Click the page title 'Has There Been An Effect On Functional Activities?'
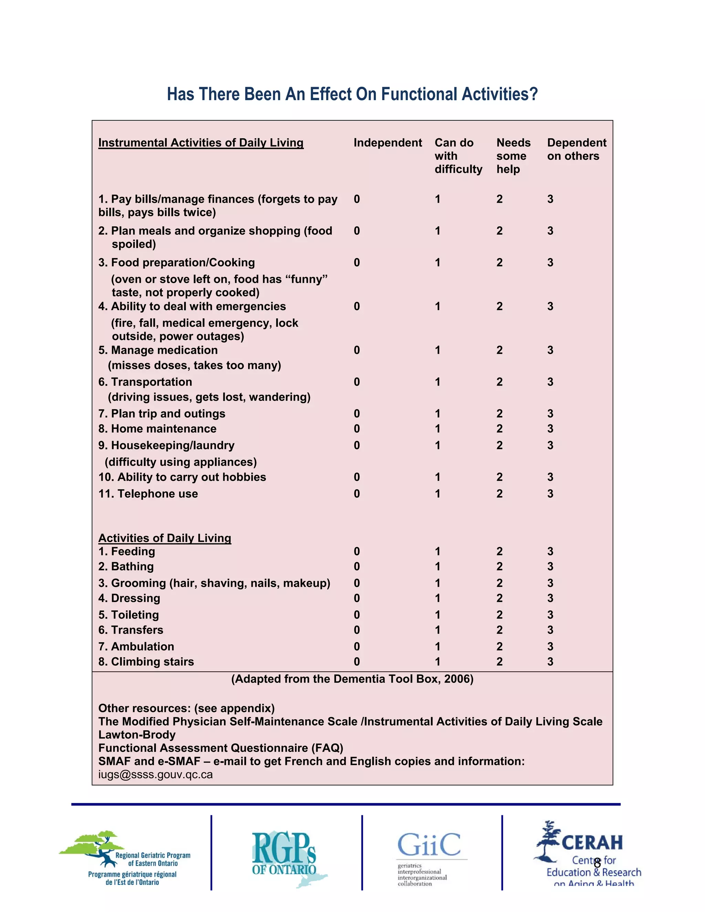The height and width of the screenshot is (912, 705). tap(352, 94)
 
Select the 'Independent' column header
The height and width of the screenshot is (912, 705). tap(387, 143)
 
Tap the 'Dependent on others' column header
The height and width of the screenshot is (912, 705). tap(576, 149)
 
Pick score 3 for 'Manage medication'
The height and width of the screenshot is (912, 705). tap(550, 350)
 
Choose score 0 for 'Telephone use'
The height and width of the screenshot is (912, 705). tap(357, 494)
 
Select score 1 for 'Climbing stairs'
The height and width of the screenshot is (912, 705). tap(437, 661)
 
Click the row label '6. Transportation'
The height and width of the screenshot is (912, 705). tap(145, 382)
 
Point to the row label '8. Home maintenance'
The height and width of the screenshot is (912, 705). tap(157, 428)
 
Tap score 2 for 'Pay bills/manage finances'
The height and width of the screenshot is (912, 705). tap(499, 199)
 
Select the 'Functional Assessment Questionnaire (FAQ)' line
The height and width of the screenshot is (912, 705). tap(221, 748)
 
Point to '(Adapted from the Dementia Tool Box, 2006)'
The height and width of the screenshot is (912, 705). tap(352, 679)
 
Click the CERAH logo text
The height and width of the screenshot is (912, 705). tap(592, 843)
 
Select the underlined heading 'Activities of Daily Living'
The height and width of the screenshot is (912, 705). tap(165, 538)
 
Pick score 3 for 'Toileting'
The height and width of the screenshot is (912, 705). tap(550, 615)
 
